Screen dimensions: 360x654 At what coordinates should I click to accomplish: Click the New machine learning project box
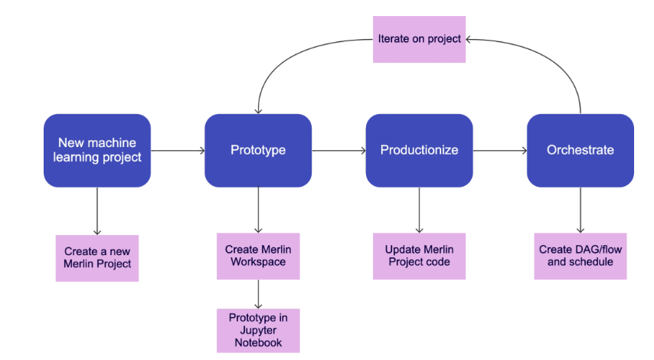(97, 150)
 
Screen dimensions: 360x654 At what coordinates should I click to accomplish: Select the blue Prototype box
(258, 150)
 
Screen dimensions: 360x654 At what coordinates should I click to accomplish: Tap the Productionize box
(419, 150)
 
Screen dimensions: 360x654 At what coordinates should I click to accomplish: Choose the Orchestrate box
(580, 150)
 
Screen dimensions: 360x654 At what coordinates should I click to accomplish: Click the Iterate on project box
(419, 38)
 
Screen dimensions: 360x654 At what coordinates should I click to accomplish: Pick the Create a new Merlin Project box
(97, 258)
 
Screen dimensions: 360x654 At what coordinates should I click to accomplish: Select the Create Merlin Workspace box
(258, 256)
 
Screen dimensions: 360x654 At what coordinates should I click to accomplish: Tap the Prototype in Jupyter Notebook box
(258, 330)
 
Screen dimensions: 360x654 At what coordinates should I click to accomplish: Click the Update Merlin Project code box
(419, 256)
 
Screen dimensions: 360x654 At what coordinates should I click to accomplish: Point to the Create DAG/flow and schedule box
(580, 256)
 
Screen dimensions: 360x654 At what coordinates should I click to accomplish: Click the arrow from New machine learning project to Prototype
(178, 151)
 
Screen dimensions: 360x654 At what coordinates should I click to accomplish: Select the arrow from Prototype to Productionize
(338, 151)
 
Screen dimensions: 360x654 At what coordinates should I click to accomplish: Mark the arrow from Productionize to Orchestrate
(499, 151)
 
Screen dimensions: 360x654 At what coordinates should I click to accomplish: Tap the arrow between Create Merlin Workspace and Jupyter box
(258, 293)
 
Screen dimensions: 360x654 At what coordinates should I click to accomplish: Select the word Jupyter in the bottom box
(258, 330)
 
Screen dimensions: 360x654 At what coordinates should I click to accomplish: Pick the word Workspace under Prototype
(258, 262)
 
